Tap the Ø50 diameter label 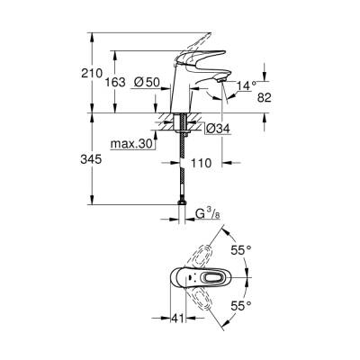(x=146, y=81)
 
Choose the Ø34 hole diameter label (x=218, y=129)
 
